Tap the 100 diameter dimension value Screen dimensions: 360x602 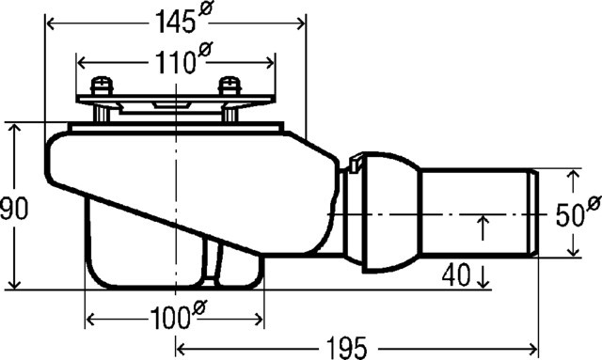click(167, 320)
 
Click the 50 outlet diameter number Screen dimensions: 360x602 click(569, 215)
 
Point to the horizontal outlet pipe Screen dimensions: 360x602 click(475, 213)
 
